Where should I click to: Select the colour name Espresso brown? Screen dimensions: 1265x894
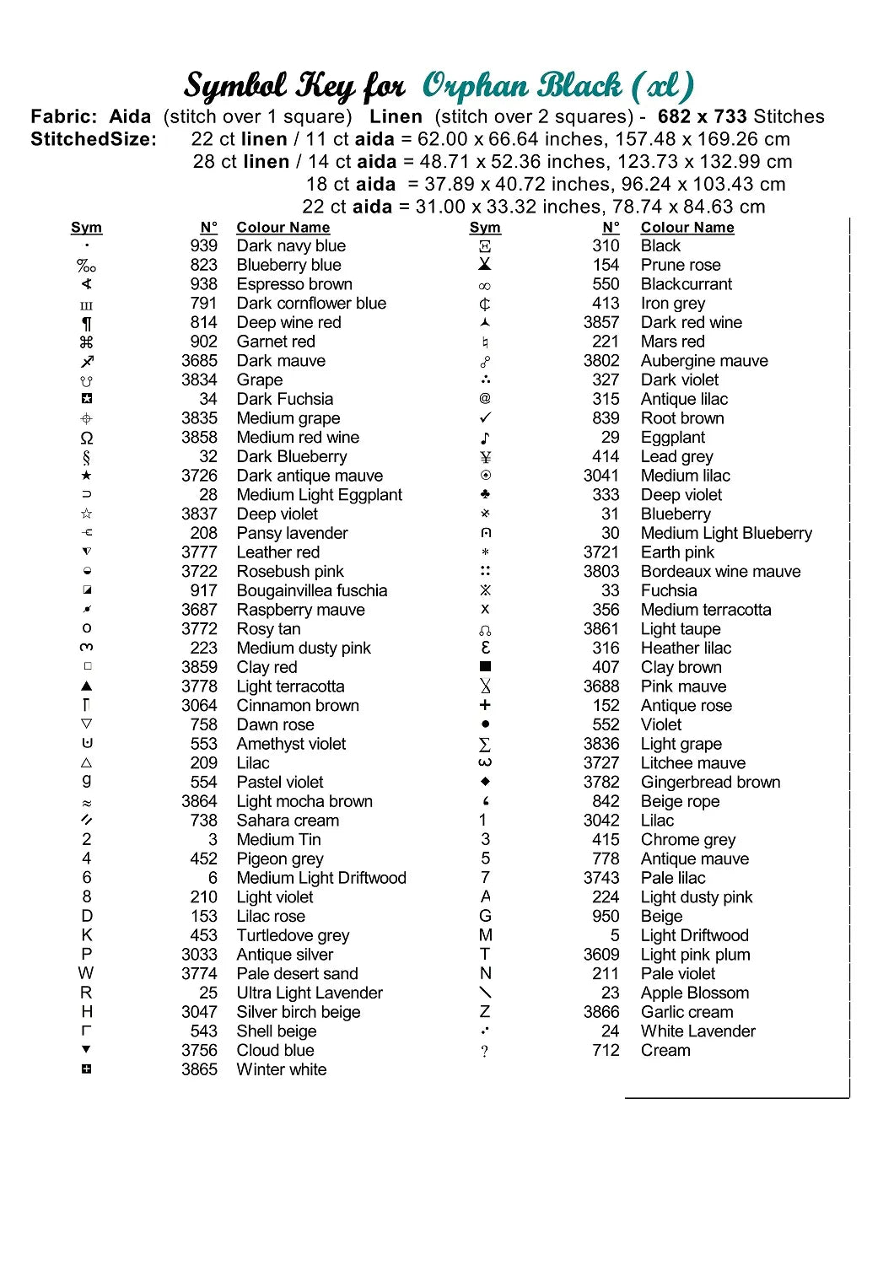294,284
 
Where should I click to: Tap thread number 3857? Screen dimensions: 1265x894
600,322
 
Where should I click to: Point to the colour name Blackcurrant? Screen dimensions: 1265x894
686,284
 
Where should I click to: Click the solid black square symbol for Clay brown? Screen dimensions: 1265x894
485,667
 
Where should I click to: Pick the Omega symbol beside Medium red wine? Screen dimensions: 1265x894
87,438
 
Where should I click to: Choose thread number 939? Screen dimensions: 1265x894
203,245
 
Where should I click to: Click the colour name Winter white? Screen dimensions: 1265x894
281,1069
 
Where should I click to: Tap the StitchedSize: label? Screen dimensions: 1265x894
94,139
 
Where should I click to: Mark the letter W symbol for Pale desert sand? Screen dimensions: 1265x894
86,973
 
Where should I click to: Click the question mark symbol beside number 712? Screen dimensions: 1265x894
485,1051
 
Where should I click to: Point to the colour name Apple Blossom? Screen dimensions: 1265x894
694,993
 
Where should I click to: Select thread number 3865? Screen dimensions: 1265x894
199,1069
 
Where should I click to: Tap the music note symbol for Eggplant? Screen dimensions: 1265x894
485,438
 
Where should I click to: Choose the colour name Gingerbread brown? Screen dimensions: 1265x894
710,782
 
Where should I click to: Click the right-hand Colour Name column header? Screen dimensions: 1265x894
687,228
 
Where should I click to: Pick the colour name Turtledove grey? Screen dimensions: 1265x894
293,935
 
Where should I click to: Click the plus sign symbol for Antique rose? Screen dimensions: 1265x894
485,705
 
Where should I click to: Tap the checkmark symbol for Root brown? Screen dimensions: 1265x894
485,418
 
